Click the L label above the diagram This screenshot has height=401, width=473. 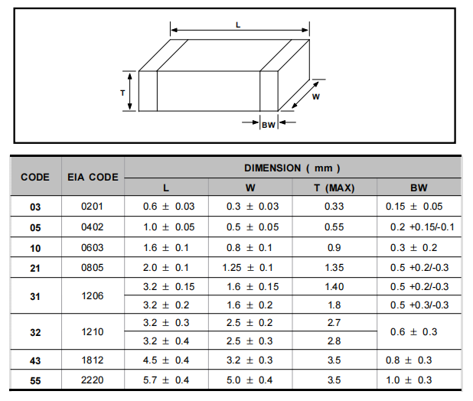click(x=238, y=25)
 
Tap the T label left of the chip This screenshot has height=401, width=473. click(x=122, y=93)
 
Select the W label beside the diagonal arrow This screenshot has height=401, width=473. click(x=316, y=96)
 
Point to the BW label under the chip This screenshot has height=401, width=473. click(x=269, y=125)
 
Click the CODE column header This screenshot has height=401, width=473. click(x=35, y=177)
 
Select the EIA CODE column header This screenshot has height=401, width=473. click(x=93, y=177)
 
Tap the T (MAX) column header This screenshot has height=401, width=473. click(x=334, y=187)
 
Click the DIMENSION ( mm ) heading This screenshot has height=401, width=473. click(x=292, y=168)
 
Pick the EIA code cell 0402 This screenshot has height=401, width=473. click(x=93, y=227)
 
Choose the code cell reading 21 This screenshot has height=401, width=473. click(x=35, y=268)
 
